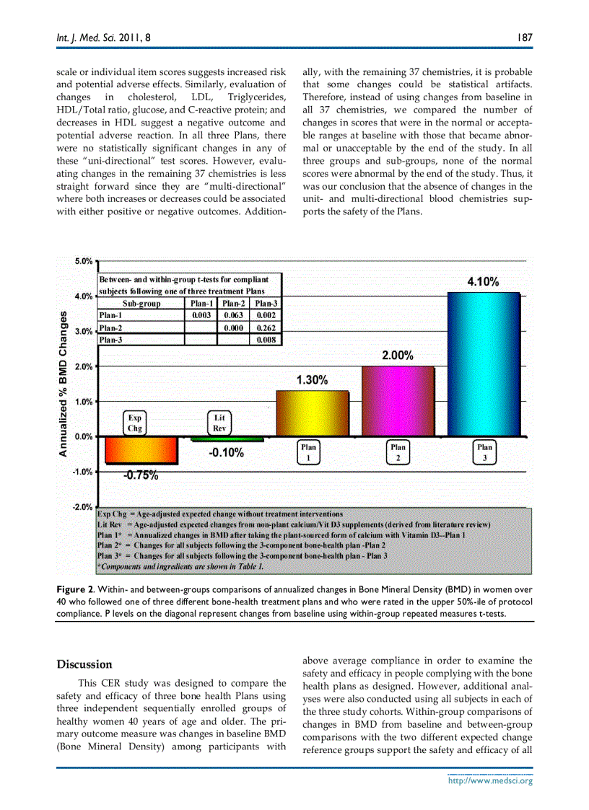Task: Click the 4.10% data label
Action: click(x=483, y=282)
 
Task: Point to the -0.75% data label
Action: click(x=140, y=475)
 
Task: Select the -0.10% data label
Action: click(x=226, y=453)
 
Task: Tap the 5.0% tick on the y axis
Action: click(x=84, y=261)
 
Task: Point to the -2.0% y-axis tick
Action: click(x=83, y=507)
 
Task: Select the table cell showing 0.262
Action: click(x=266, y=327)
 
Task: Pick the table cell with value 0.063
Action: click(x=233, y=315)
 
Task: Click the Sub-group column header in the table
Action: click(x=141, y=304)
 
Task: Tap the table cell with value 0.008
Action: click(x=266, y=340)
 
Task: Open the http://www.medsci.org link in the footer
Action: click(x=490, y=780)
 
